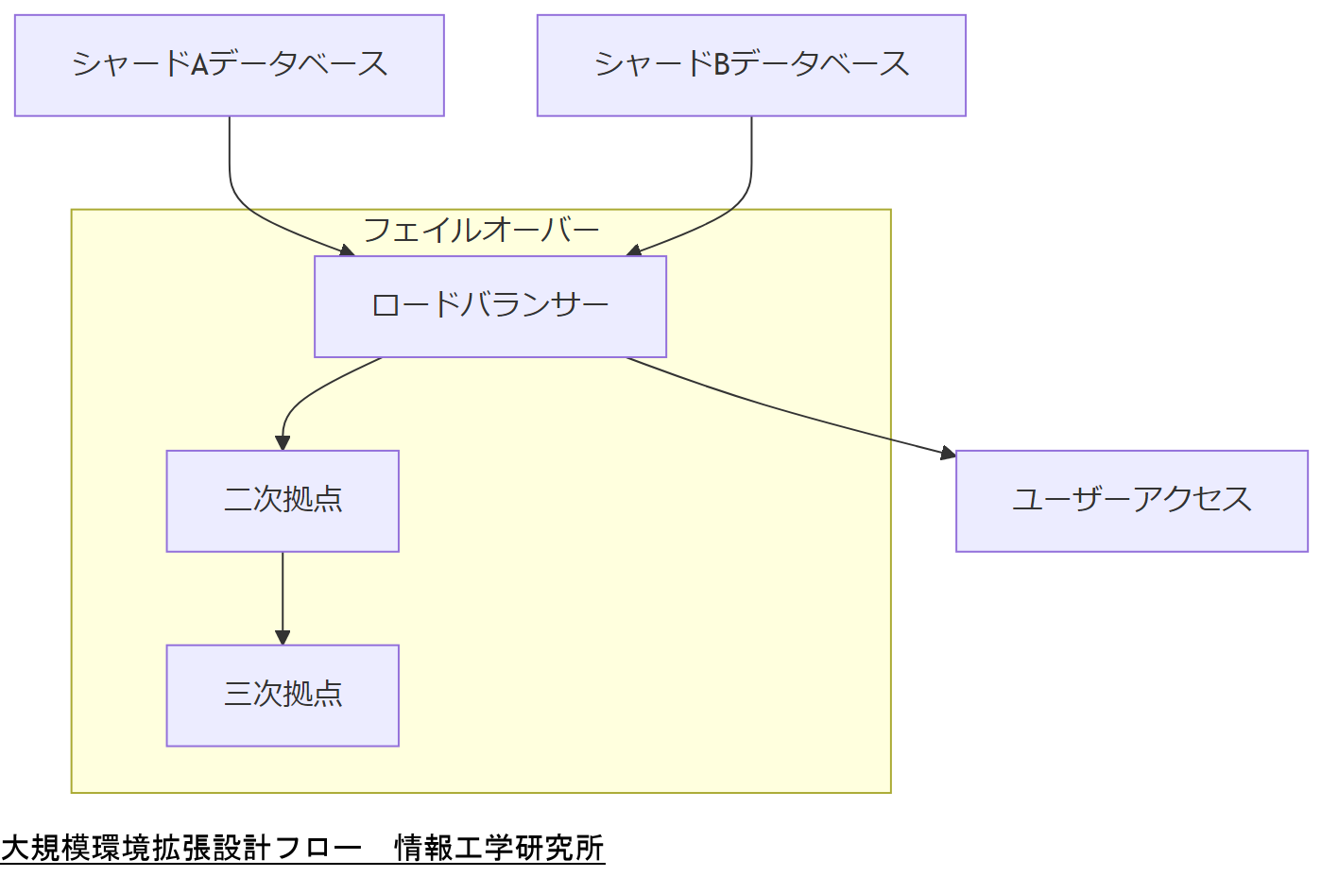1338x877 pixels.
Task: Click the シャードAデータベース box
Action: pyautogui.click(x=229, y=65)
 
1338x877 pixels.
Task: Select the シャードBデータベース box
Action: pyautogui.click(x=751, y=65)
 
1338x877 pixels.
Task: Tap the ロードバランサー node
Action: pyautogui.click(x=489, y=306)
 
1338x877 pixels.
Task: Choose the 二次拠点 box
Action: pyautogui.click(x=283, y=501)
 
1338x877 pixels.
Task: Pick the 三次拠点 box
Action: pyautogui.click(x=283, y=696)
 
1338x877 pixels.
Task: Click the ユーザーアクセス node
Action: pyautogui.click(x=1131, y=501)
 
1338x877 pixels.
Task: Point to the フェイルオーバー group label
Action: pyautogui.click(x=481, y=230)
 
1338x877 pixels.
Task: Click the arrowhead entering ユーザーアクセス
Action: pyautogui.click(x=948, y=454)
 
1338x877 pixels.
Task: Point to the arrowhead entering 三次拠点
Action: pyautogui.click(x=283, y=637)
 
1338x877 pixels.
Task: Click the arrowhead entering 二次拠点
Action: pyautogui.click(x=283, y=442)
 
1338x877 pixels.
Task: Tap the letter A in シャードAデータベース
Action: pyautogui.click(x=199, y=65)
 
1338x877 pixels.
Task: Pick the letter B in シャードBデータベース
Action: pyautogui.click(x=722, y=65)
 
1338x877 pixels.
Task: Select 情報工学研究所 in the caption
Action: pyautogui.click(x=499, y=848)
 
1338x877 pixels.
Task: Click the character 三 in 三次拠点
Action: pyautogui.click(x=237, y=695)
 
